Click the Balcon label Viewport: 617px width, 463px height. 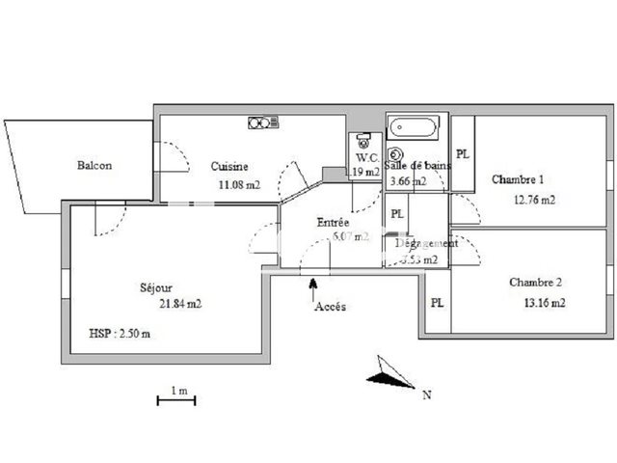[94, 165]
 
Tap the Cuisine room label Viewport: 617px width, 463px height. [229, 166]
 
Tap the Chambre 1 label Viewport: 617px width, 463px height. [518, 179]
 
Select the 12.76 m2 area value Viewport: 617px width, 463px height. [535, 201]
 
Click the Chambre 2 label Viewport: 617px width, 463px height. [535, 283]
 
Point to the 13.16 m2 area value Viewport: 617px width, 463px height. [543, 303]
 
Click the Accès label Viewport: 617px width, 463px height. [330, 307]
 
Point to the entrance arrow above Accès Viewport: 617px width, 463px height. [311, 283]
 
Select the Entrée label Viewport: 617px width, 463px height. [334, 222]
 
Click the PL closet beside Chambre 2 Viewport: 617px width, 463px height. [437, 302]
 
